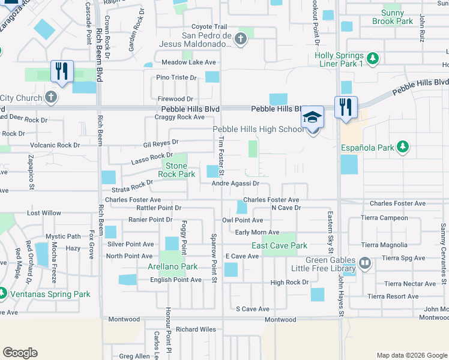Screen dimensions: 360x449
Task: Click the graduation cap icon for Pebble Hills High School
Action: tap(312, 116)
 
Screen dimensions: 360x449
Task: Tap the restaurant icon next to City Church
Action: tap(62, 71)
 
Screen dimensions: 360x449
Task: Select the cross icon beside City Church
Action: tap(51, 97)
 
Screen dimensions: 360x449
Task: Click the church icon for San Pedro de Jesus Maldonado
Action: tap(240, 40)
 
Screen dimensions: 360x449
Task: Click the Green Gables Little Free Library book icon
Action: tap(365, 263)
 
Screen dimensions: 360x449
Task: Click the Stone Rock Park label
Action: tap(176, 170)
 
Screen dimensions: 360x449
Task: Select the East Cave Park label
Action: tap(279, 245)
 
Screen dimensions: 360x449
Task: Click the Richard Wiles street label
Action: tap(196, 329)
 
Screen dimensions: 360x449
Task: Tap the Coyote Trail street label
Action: tap(209, 27)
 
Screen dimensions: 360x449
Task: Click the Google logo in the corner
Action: tap(20, 352)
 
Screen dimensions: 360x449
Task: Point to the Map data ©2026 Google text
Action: tap(411, 355)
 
